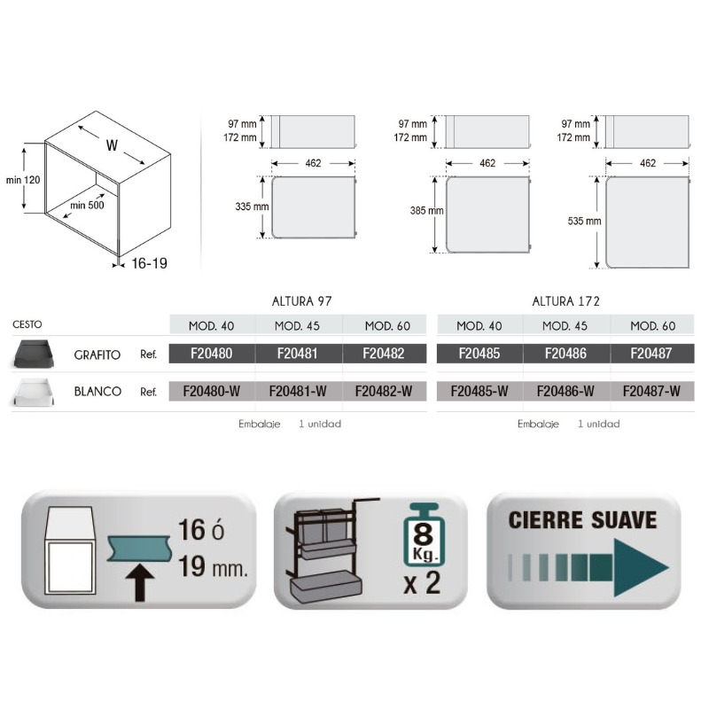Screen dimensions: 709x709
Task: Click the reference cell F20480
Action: coord(212,353)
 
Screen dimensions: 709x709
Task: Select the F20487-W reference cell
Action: coord(651,391)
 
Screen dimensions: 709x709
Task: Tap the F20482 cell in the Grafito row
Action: coord(384,353)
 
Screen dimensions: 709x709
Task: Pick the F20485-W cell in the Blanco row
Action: coord(479,391)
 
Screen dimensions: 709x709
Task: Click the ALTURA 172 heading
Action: coord(565,301)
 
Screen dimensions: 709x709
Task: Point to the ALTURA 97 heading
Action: coord(301,301)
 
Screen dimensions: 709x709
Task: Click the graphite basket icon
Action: coord(35,354)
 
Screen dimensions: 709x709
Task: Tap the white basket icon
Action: coord(35,392)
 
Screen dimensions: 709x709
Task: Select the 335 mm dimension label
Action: coord(252,206)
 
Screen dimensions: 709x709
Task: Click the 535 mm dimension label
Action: coord(585,221)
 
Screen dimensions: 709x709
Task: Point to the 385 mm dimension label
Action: coord(427,211)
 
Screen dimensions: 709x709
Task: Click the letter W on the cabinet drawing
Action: coord(112,145)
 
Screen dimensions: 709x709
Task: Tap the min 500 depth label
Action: coord(87,206)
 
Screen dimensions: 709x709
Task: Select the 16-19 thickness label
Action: coord(149,263)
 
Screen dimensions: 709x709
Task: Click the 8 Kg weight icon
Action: coord(424,535)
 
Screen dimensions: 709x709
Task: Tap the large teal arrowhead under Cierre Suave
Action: coord(637,567)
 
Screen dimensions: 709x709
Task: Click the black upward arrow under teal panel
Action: coord(140,582)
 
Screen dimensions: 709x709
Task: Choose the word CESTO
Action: coord(27,324)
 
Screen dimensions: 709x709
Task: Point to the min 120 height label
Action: coord(23,180)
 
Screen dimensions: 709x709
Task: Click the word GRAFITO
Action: coord(97,355)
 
